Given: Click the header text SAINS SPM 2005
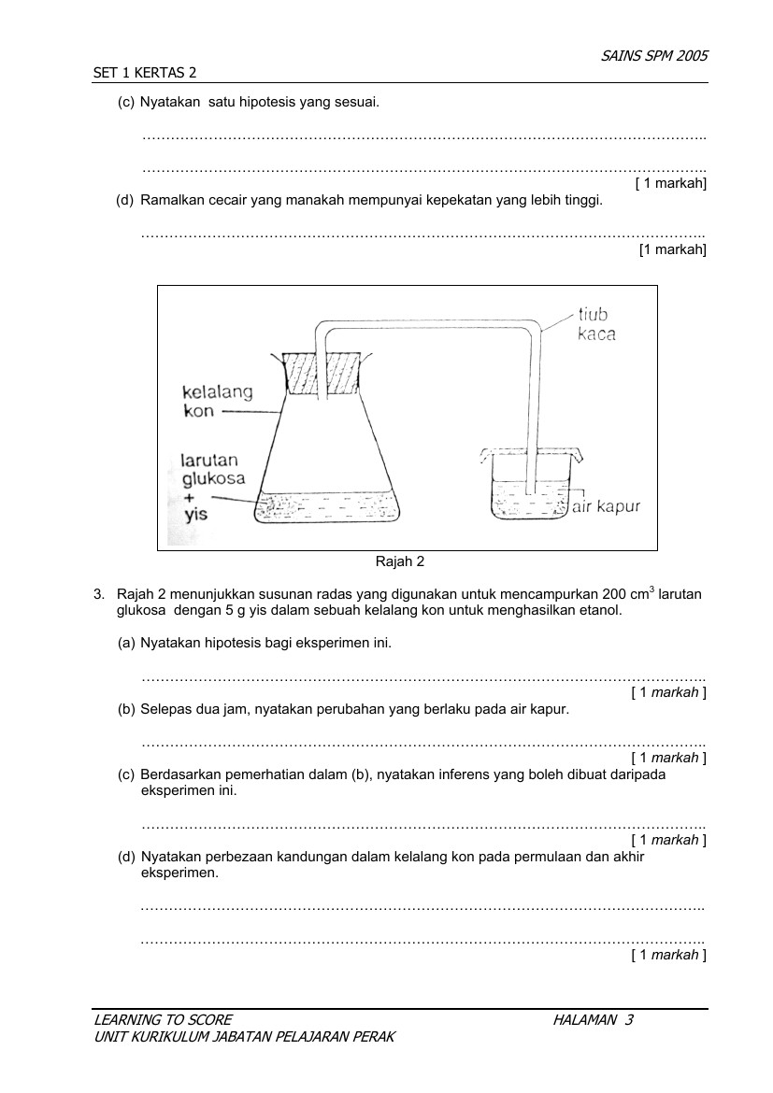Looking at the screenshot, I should point(654,55).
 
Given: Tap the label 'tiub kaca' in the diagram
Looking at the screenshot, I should point(596,324).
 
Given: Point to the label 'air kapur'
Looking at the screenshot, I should point(605,507).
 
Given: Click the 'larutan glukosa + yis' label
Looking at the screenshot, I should point(212,487).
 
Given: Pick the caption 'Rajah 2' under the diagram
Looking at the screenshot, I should point(399,561).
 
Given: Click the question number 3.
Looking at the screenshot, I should point(97,594).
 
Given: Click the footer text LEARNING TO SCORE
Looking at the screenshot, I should point(163,1020).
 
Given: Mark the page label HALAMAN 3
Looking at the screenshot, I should point(593,1020).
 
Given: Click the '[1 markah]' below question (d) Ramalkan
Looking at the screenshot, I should point(672,249).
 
